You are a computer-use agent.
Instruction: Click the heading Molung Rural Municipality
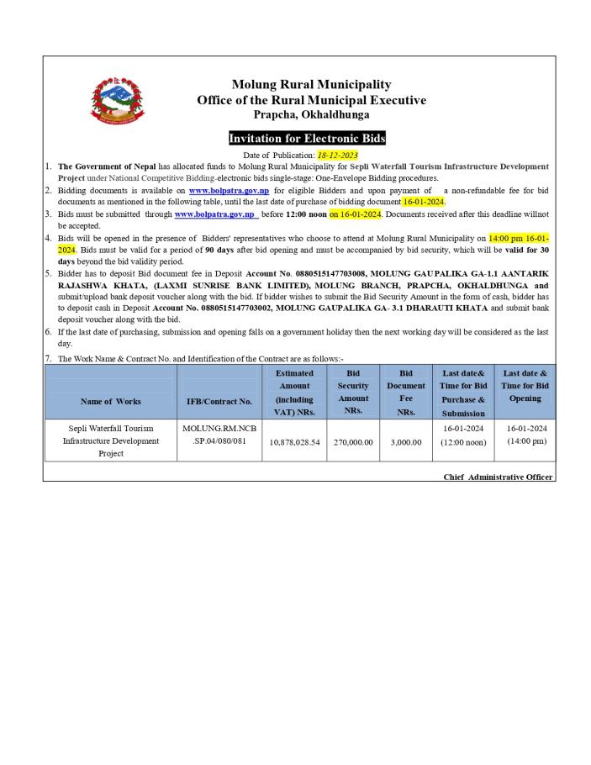tap(311, 84)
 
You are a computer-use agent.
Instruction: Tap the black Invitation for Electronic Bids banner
tap(307, 138)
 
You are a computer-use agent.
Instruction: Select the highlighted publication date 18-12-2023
tap(337, 156)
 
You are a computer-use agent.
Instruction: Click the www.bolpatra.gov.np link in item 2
tap(229, 191)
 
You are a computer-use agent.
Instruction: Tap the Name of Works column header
tap(110, 401)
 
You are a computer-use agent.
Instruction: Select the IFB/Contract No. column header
tap(219, 401)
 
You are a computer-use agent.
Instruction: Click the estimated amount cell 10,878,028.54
tap(294, 441)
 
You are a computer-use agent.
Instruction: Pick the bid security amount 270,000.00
tap(353, 441)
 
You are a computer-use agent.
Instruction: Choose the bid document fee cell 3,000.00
tap(406, 441)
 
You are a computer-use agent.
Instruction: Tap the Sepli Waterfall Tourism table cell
tap(110, 441)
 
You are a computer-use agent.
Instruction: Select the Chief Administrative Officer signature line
tap(498, 477)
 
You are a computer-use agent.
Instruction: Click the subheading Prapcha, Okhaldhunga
tap(311, 115)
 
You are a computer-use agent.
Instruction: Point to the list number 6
tap(49, 332)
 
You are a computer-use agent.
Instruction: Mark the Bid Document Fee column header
tap(406, 393)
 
